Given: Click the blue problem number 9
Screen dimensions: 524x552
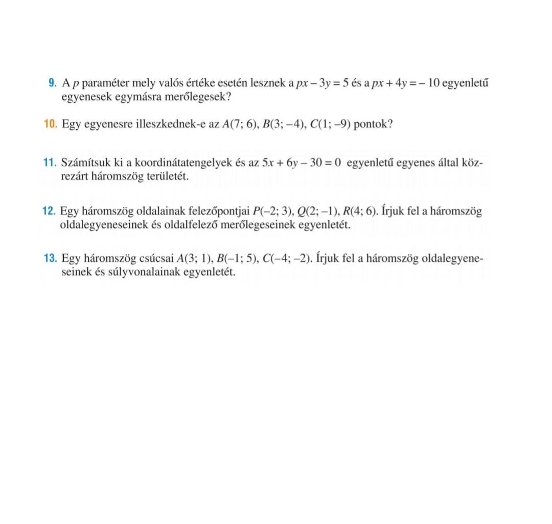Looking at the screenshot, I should (x=52, y=83).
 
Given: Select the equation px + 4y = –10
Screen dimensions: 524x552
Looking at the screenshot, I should (x=397, y=83).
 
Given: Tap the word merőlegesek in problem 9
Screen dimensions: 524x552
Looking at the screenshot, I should (x=193, y=96).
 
